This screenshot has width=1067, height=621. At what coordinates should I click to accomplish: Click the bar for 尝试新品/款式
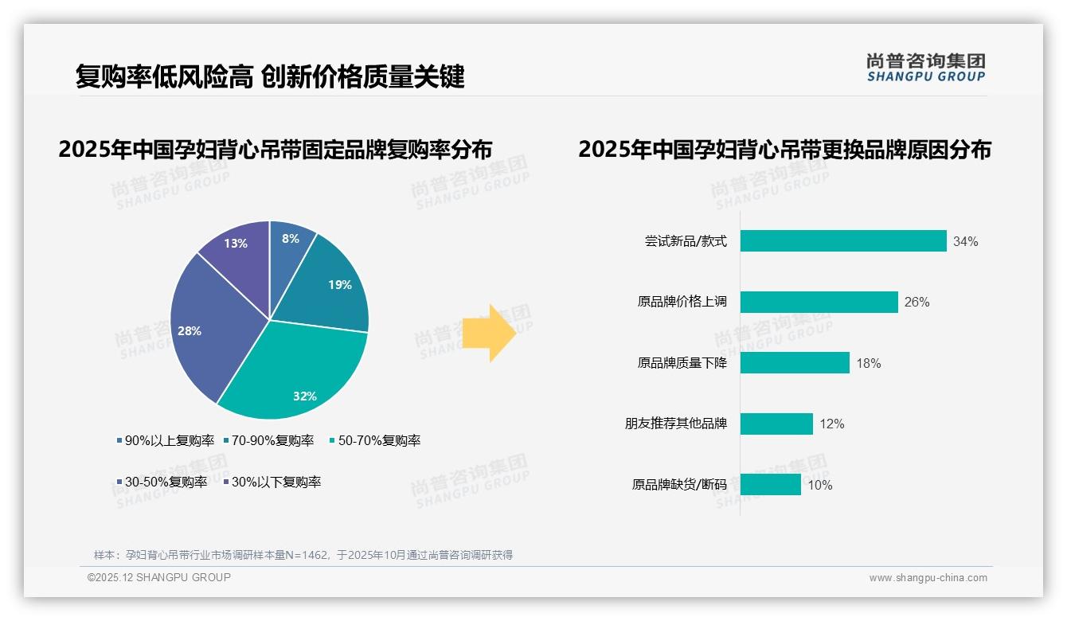843,241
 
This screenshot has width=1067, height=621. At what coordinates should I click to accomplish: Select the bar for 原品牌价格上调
819,302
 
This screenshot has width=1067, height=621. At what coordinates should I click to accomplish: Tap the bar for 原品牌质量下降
795,363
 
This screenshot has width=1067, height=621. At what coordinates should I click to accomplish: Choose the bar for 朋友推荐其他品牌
776,424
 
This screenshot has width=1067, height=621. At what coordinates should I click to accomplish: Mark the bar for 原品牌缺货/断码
770,484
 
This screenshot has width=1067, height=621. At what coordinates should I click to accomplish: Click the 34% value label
965,241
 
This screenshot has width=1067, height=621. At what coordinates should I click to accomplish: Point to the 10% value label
819,485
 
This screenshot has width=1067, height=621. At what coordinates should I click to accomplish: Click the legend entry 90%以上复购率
165,440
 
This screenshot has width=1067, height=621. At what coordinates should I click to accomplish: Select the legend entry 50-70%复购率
374,440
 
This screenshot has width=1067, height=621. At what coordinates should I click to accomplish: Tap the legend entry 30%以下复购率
272,482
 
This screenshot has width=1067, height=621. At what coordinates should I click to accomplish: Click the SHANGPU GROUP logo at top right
925,68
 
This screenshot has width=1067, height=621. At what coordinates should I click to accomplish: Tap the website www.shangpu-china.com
928,577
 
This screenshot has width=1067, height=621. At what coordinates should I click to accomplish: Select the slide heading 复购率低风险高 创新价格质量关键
270,76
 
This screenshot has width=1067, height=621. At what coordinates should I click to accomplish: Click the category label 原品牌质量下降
682,363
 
